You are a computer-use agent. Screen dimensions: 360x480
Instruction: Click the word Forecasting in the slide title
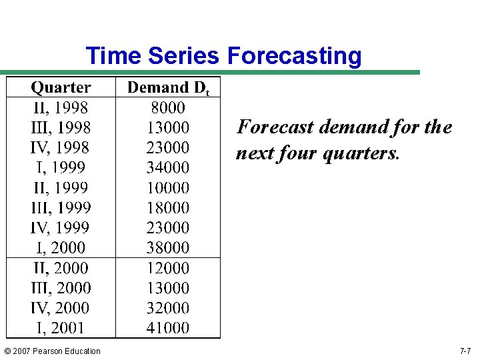point(294,56)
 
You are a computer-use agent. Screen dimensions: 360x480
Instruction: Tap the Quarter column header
point(61,87)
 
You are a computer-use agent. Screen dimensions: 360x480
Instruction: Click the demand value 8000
point(168,107)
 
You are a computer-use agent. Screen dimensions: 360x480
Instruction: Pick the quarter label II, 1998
point(61,107)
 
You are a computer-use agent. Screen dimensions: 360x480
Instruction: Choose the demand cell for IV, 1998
point(168,147)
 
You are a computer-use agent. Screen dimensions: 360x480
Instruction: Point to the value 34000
point(168,167)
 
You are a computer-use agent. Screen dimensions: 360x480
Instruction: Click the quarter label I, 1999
point(61,167)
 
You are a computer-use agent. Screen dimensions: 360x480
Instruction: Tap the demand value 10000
point(168,187)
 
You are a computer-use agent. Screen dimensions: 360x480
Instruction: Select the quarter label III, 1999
point(61,207)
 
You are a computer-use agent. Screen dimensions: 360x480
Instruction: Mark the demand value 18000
point(168,207)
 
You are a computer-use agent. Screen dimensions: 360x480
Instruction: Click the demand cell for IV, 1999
point(168,227)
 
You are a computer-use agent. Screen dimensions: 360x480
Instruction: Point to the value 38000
point(168,247)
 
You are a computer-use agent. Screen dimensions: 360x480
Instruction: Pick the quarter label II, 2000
point(61,268)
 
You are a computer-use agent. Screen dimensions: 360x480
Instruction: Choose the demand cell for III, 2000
point(168,288)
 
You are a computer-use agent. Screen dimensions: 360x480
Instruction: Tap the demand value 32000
point(168,308)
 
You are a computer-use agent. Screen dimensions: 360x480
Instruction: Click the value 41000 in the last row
point(168,328)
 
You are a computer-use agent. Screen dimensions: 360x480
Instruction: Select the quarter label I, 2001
point(61,328)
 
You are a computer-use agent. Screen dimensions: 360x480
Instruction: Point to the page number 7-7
point(465,351)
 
